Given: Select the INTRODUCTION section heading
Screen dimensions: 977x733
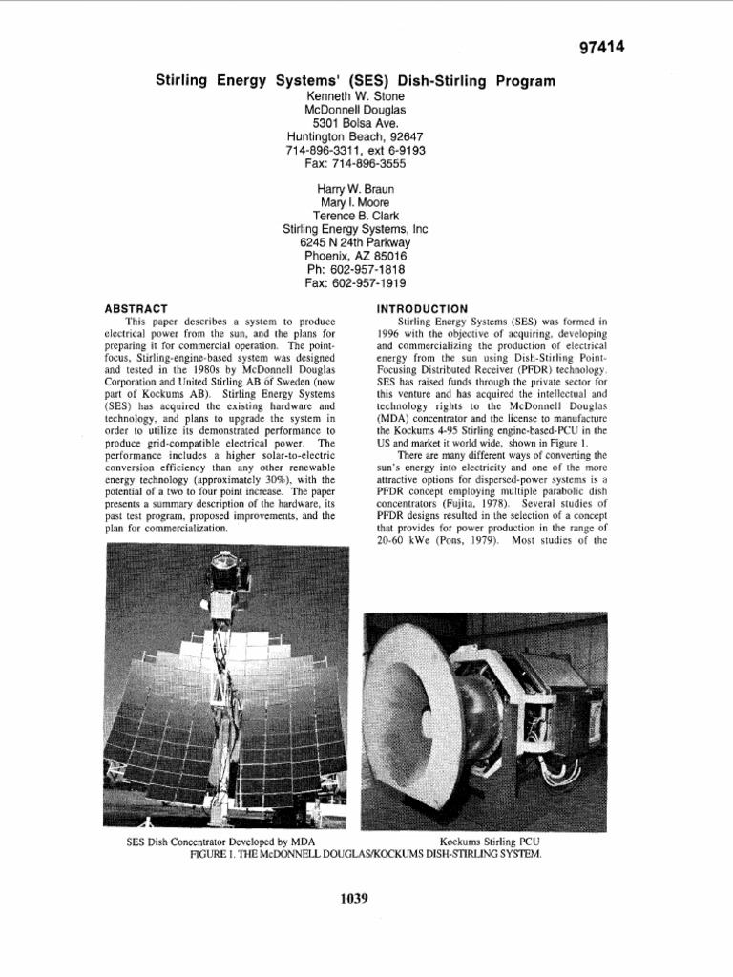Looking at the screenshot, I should pyautogui.click(x=423, y=308).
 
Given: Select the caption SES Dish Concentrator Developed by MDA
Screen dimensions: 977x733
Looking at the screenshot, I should pyautogui.click(x=220, y=842).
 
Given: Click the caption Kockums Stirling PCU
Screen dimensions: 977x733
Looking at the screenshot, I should pyautogui.click(x=494, y=842).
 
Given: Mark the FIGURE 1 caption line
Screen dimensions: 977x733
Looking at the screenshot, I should pyautogui.click(x=366, y=854).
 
